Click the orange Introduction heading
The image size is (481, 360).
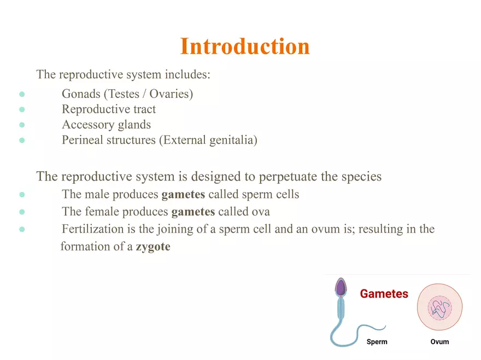point(245,47)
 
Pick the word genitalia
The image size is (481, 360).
point(233,140)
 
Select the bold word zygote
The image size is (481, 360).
point(153,247)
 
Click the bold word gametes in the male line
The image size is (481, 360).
point(183,194)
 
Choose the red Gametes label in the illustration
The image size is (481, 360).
point(384,294)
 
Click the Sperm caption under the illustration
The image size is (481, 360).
point(377,341)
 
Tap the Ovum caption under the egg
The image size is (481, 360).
point(439,341)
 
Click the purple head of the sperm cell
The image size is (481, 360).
point(341,287)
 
